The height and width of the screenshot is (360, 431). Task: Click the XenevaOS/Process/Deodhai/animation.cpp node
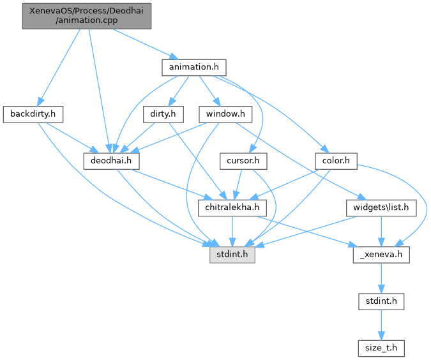86,15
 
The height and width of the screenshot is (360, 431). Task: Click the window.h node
225,114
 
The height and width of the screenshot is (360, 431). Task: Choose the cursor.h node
242,161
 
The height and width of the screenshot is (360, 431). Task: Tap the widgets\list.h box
381,207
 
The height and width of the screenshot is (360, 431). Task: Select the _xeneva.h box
381,255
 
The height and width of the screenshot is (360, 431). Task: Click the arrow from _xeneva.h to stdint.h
381,278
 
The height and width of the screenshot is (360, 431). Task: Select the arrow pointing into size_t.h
381,325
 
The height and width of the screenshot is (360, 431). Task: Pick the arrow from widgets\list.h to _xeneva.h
381,231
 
